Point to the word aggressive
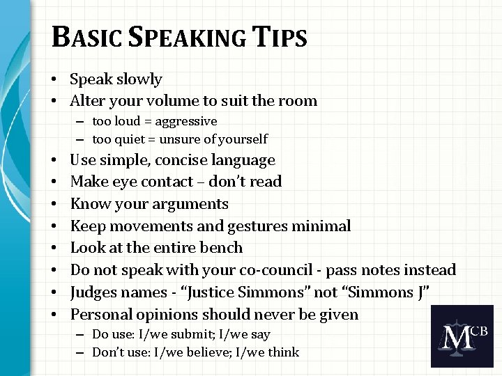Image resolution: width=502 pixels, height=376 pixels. coord(186,121)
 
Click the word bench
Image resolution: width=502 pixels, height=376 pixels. coord(222,248)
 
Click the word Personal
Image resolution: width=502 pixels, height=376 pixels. coord(102,314)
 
